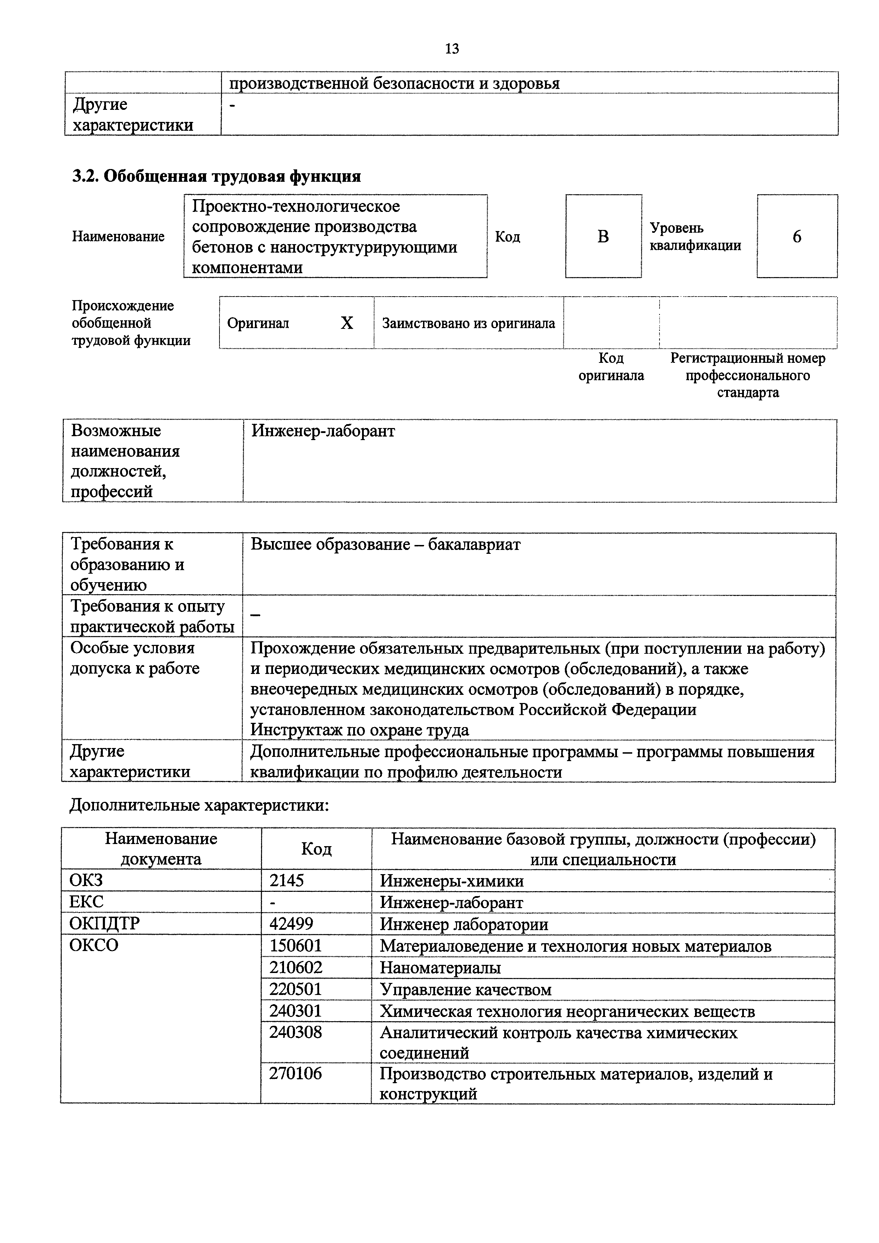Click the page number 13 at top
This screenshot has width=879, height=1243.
452,49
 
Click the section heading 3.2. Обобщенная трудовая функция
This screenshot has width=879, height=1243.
217,176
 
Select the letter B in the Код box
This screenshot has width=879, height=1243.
603,237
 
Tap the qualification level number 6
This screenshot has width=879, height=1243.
797,237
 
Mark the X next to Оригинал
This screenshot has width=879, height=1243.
347,323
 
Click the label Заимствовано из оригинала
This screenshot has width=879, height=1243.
468,323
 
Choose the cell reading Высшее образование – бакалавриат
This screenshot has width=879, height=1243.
386,544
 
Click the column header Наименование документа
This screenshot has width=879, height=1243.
161,848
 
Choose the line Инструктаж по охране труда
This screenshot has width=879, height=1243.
360,730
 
